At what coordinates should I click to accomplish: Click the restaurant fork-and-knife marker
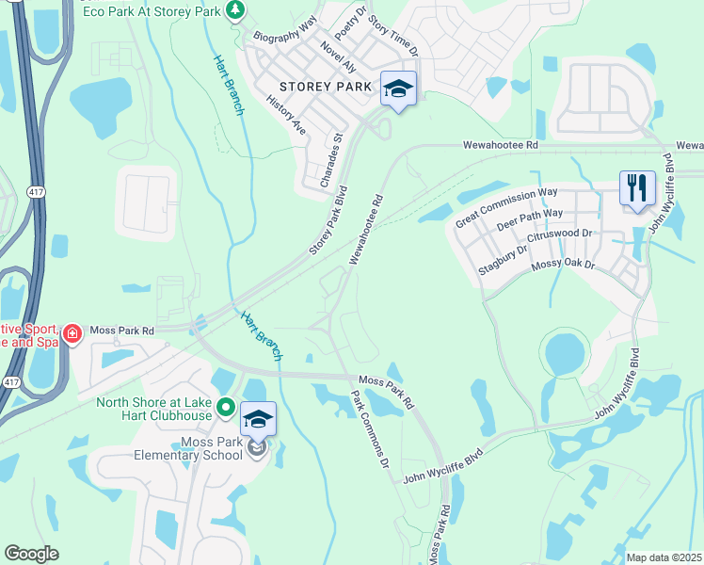coord(637,188)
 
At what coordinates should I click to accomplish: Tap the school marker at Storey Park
coord(399,90)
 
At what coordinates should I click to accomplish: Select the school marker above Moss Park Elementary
coord(259,419)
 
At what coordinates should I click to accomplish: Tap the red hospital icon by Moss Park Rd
coord(72,332)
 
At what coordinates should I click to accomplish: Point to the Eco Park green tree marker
coord(235,10)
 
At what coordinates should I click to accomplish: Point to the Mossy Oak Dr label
coord(565,266)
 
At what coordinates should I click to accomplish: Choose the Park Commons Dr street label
coord(370,430)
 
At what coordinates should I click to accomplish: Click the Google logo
coord(32,554)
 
